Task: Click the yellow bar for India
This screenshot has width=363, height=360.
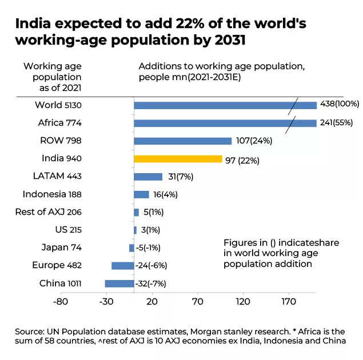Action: [x=178, y=159]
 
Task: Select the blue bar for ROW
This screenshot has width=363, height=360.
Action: [x=182, y=141]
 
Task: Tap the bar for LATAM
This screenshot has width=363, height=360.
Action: [x=148, y=177]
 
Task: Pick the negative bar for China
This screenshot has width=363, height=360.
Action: [x=119, y=283]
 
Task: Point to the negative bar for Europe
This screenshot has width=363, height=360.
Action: [x=122, y=266]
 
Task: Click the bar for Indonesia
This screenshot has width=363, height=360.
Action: [x=141, y=194]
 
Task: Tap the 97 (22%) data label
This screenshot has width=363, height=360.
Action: [x=242, y=160]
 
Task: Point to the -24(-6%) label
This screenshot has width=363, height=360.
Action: [x=151, y=266]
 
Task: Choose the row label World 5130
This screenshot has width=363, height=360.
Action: [x=58, y=105]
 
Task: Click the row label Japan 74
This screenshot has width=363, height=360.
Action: [x=61, y=247]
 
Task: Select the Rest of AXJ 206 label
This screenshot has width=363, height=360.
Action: [x=49, y=212]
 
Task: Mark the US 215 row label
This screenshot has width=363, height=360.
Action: [x=67, y=230]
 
